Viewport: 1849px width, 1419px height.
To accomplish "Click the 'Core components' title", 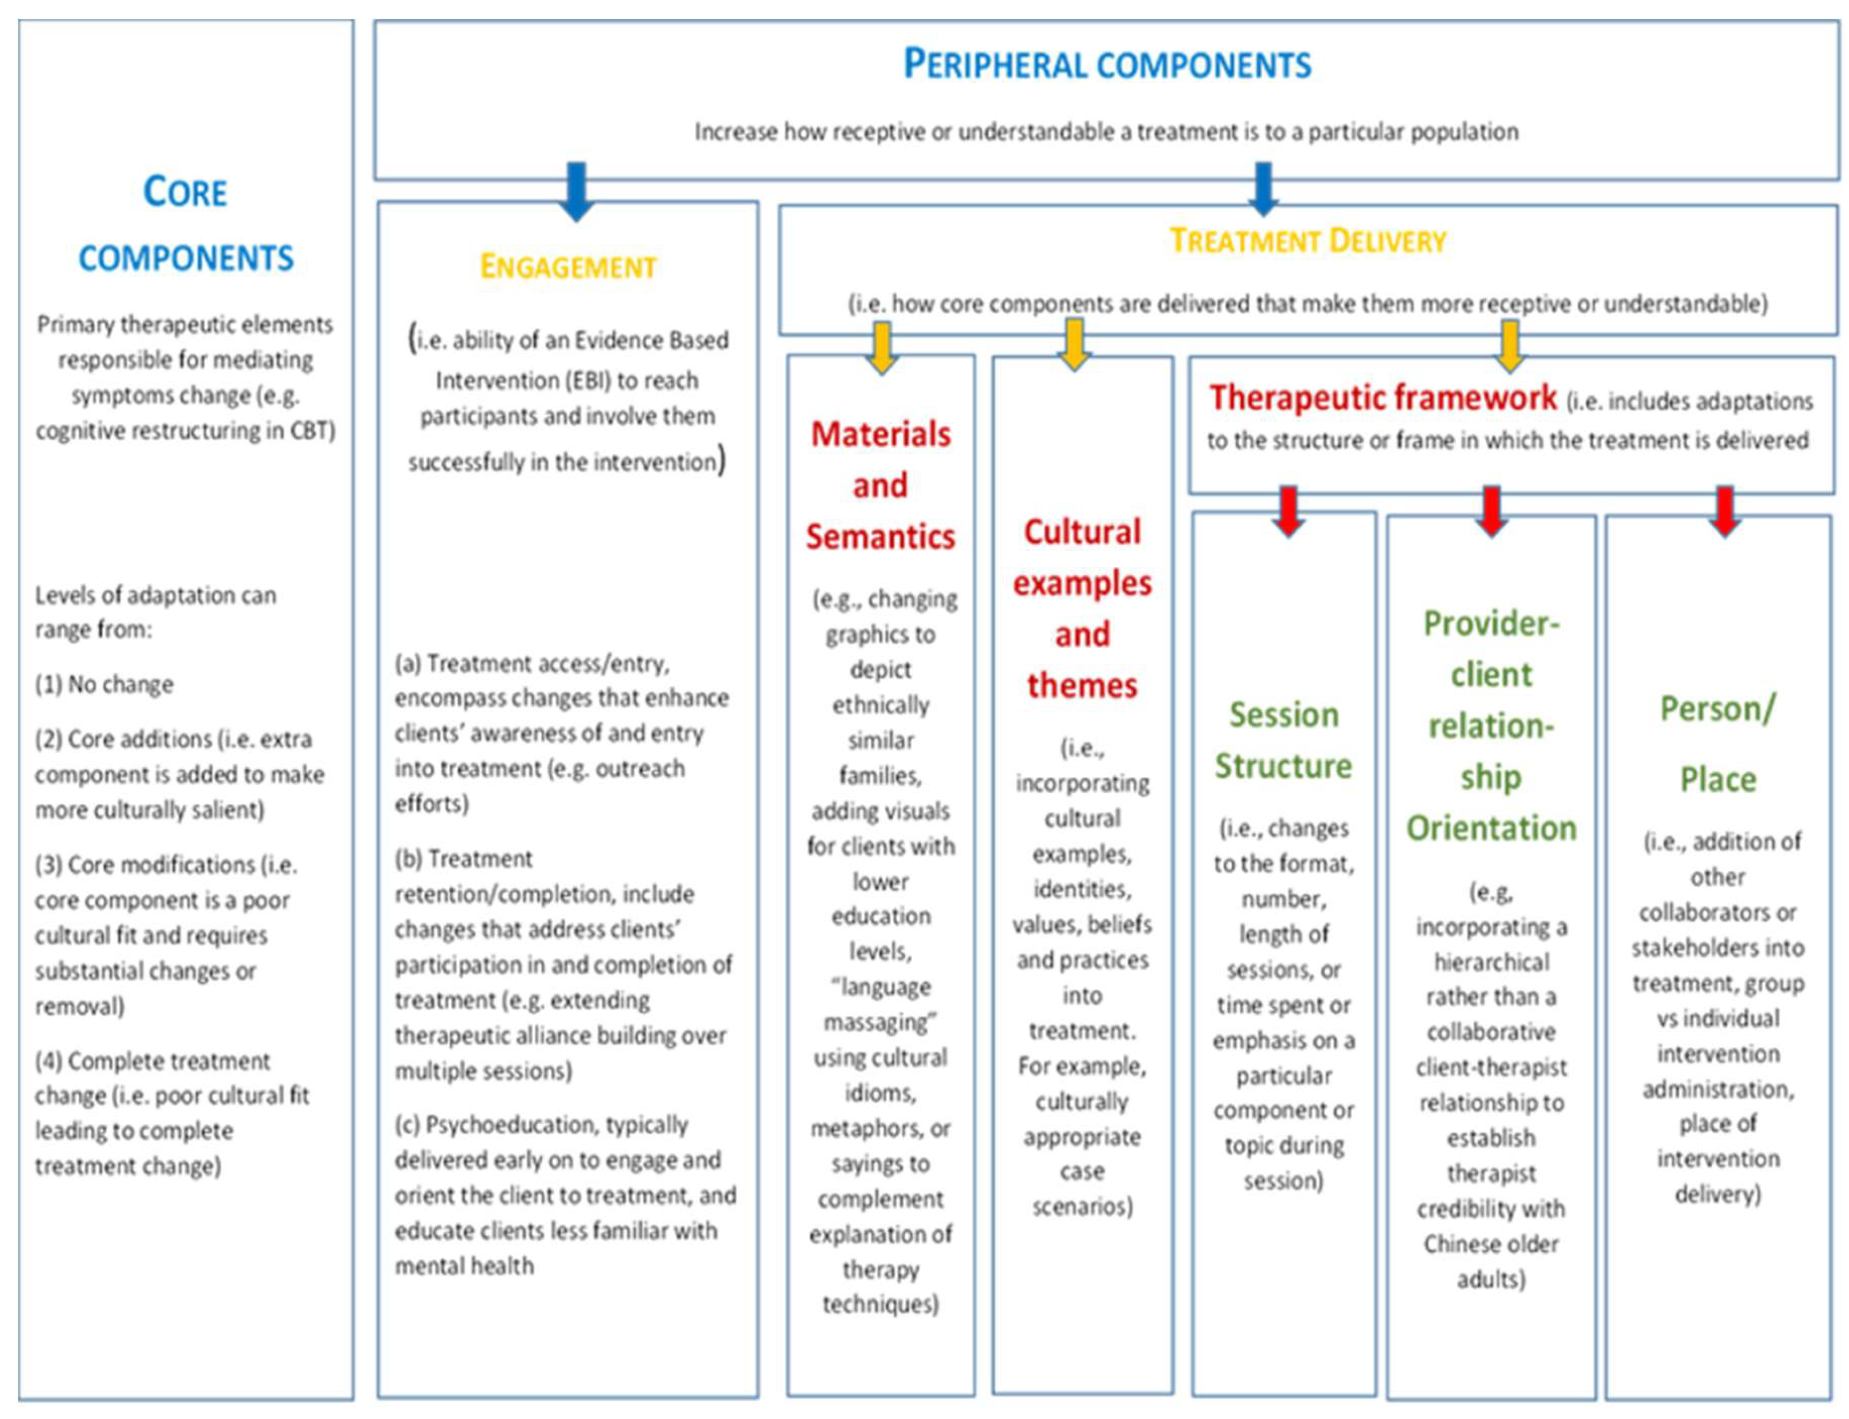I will (186, 225).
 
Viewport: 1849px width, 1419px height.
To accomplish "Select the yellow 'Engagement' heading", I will (568, 267).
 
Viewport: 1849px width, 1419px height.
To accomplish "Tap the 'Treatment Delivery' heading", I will (1308, 241).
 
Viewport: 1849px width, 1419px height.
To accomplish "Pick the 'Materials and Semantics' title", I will (880, 485).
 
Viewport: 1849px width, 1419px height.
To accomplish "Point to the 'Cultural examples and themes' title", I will (1082, 608).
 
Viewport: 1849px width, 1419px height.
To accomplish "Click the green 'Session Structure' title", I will (1283, 740).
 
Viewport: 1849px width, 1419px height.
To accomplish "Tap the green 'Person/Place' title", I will (1717, 743).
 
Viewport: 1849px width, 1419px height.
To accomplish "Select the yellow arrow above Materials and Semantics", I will (881, 348).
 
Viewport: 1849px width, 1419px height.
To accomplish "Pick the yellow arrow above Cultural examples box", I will (1074, 344).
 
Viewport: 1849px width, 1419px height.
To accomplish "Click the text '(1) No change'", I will (104, 684).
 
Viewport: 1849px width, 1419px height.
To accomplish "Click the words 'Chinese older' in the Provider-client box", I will (1491, 1244).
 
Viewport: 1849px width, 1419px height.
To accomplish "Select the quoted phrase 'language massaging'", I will (880, 1005).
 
